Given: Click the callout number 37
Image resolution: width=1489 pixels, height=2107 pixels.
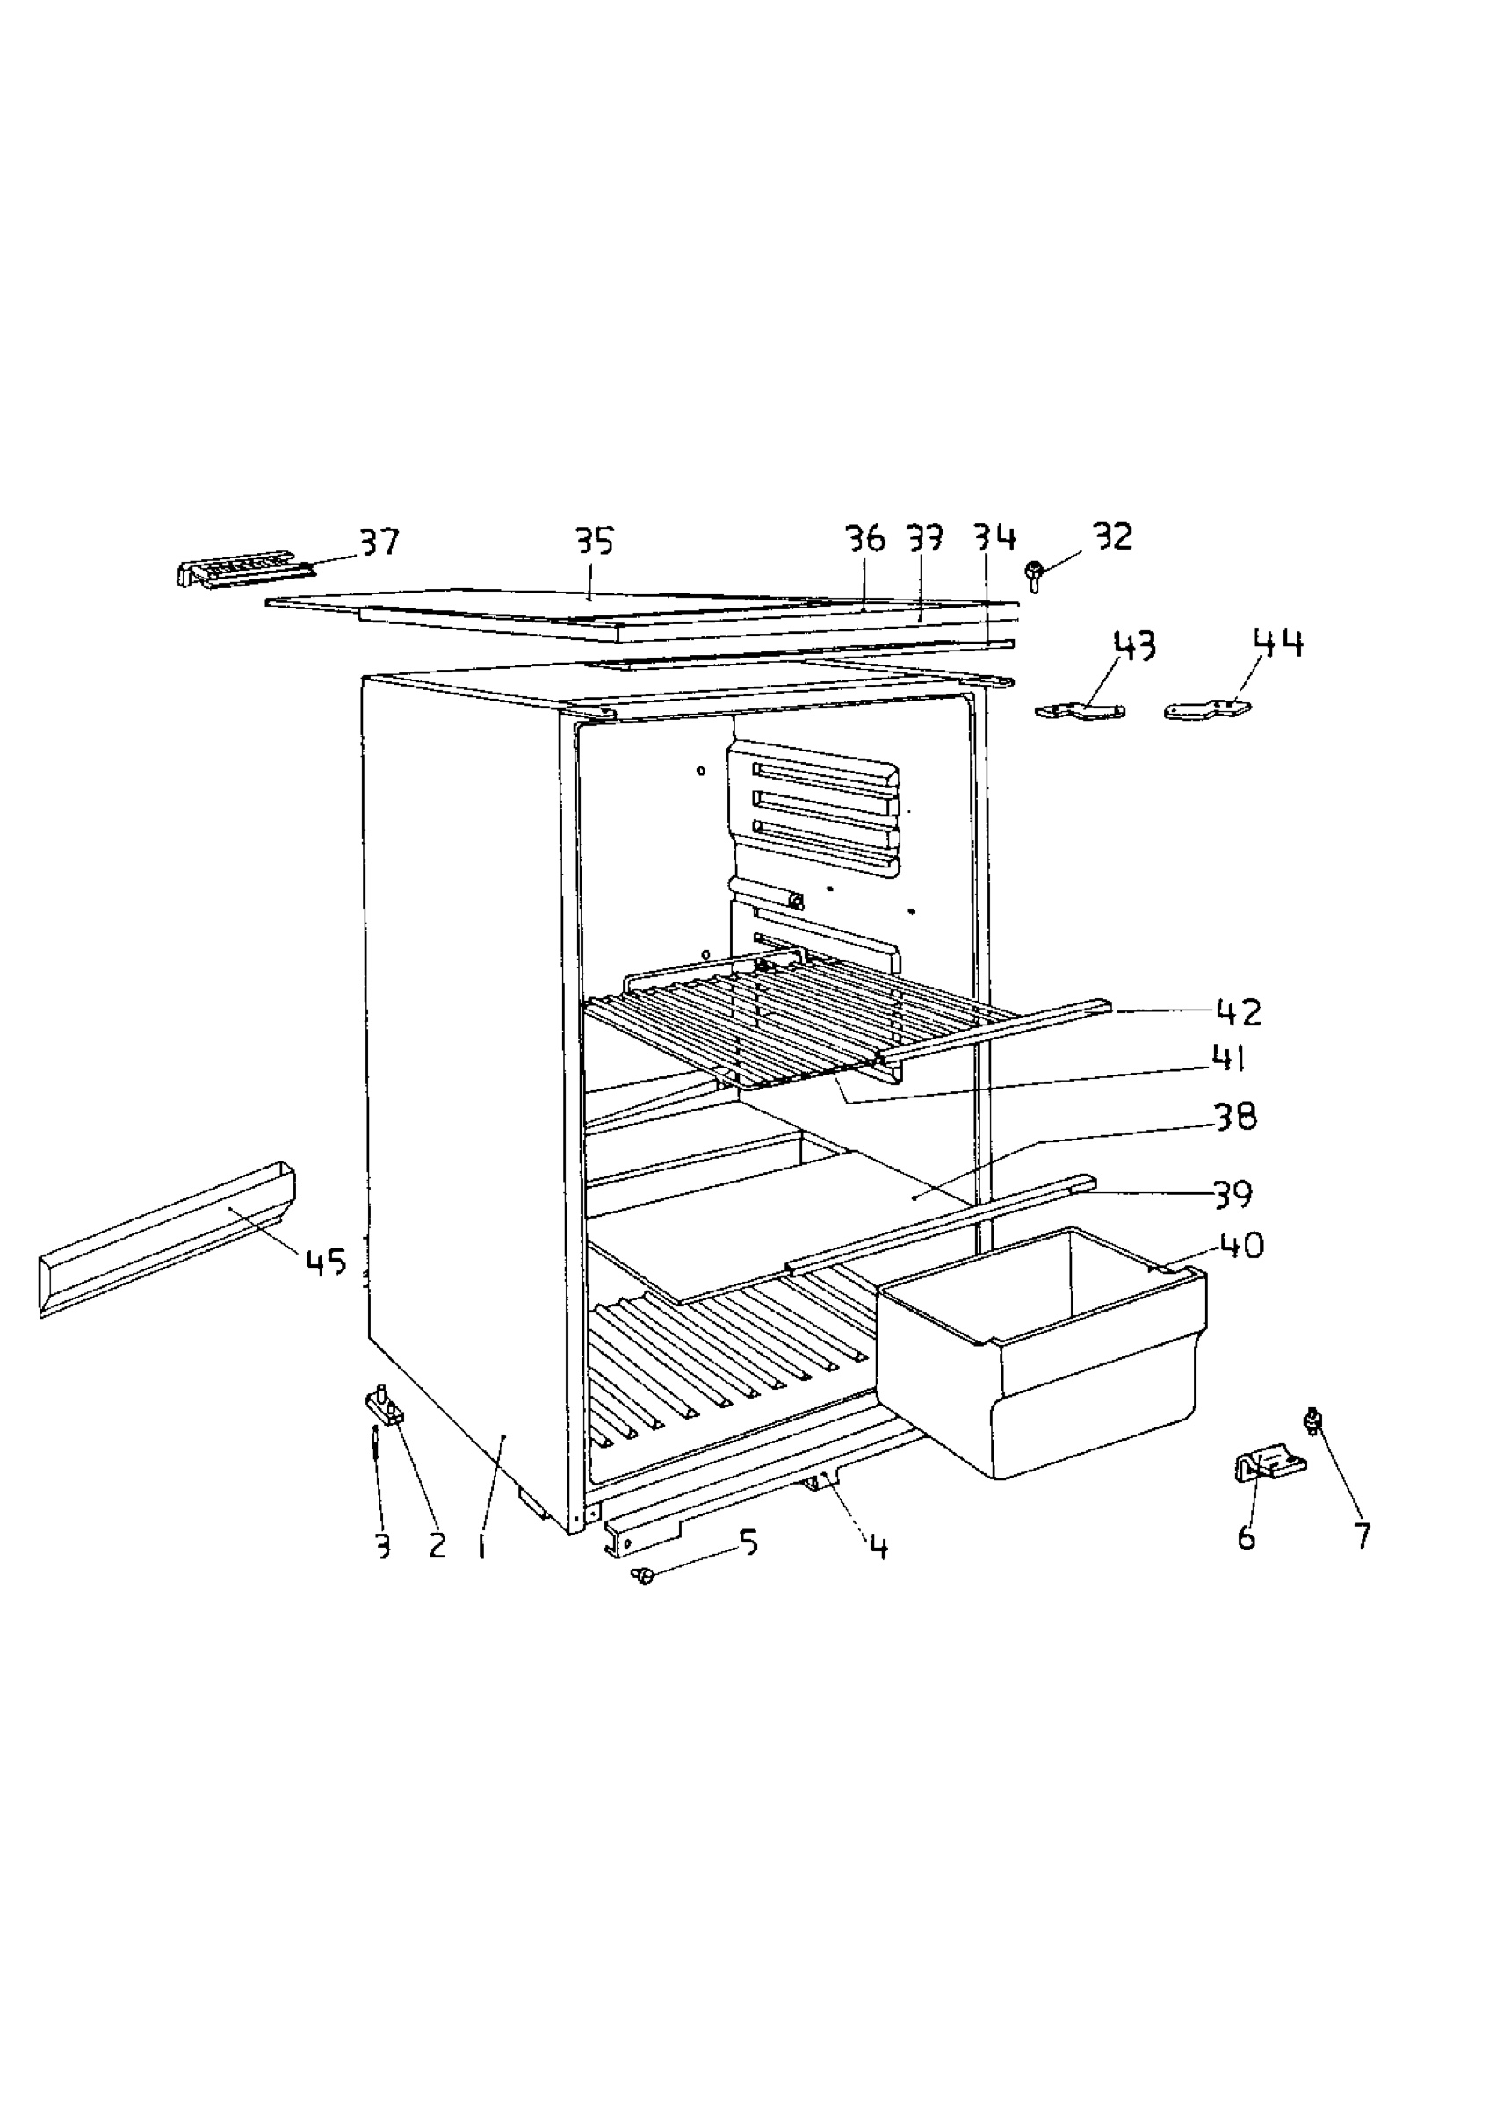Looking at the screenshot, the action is (379, 542).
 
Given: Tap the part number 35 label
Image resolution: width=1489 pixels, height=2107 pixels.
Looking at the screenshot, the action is (594, 541).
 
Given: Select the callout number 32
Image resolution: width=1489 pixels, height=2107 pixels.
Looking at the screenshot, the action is (1113, 536).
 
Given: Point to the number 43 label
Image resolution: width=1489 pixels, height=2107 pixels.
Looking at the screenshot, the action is (1135, 646).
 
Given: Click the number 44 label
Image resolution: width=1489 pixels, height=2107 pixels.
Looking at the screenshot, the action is (1279, 644).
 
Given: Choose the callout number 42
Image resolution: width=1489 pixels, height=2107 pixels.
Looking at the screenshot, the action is (1239, 1012).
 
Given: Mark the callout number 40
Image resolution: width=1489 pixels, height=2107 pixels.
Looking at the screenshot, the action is (1241, 1245).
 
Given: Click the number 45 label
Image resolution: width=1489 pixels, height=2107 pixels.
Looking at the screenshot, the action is (326, 1262).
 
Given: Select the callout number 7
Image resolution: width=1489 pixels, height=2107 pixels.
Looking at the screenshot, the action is (1363, 1535).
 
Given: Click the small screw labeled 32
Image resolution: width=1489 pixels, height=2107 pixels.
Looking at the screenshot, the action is (1036, 575).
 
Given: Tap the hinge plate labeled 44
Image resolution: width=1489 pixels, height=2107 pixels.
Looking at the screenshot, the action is (1207, 708).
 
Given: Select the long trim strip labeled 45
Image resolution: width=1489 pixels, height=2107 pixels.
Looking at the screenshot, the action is (167, 1239).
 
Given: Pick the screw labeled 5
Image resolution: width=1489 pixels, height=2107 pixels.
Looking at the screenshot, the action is (643, 1576).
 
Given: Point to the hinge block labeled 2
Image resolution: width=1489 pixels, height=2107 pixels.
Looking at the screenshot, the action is (386, 1406).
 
